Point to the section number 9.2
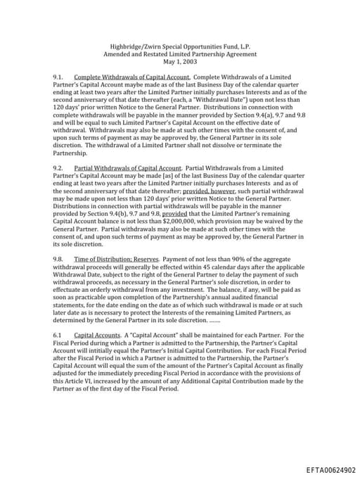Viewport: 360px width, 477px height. pyautogui.click(x=58, y=167)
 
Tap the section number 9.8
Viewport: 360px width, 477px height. pyautogui.click(x=58, y=259)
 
